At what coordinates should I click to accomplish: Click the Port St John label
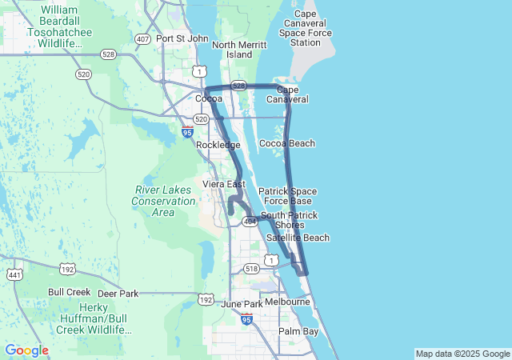click(x=182, y=38)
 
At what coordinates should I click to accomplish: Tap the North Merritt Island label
click(x=233, y=50)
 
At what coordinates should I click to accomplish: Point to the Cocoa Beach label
click(x=287, y=143)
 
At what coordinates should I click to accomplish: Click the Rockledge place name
click(x=218, y=145)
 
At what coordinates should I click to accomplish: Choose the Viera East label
click(x=223, y=184)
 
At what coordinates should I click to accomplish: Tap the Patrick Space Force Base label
click(x=287, y=196)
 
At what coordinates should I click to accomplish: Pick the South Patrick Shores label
click(x=289, y=220)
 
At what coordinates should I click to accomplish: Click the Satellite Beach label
click(x=298, y=238)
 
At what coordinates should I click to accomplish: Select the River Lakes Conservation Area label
click(x=163, y=202)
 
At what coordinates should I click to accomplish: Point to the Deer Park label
click(x=118, y=294)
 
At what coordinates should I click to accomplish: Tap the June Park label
click(x=241, y=304)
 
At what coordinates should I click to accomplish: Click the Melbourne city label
click(x=288, y=302)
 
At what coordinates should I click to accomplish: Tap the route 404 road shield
click(x=250, y=221)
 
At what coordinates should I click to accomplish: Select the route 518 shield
click(x=251, y=269)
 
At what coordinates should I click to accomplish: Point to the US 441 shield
click(x=14, y=274)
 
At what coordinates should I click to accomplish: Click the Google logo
click(x=26, y=350)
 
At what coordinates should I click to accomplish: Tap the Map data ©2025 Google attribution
click(x=462, y=354)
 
